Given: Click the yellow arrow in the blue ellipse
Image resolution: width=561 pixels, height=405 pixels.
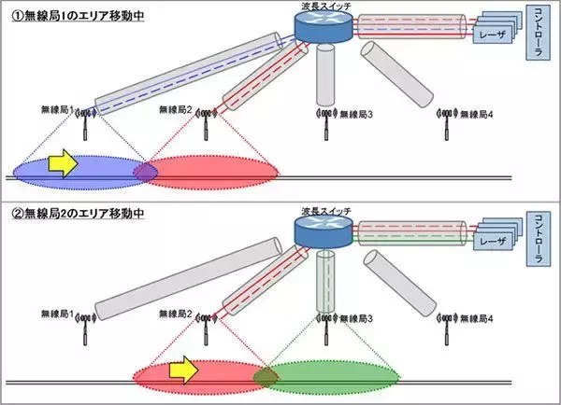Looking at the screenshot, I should coord(60,164).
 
